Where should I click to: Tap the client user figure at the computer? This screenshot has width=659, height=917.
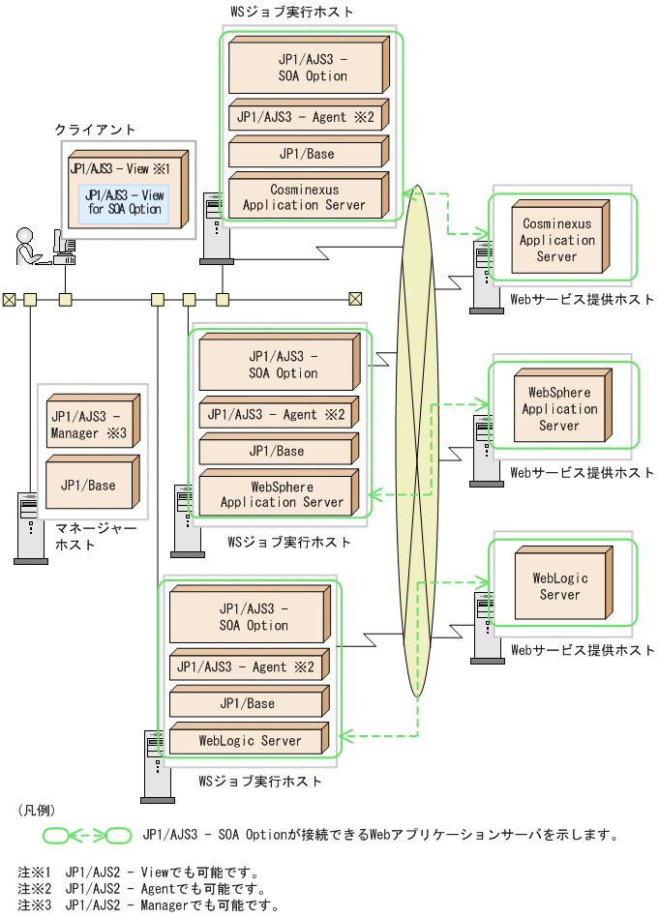pyautogui.click(x=29, y=248)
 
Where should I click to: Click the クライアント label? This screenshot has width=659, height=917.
pyautogui.click(x=95, y=130)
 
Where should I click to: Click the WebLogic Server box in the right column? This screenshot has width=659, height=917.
pyautogui.click(x=559, y=586)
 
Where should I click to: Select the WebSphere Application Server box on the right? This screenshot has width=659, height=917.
pyautogui.click(x=559, y=408)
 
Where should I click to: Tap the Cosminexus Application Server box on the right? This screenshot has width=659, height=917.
pyautogui.click(x=556, y=240)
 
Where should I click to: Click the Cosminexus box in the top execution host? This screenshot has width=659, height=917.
pyautogui.click(x=304, y=196)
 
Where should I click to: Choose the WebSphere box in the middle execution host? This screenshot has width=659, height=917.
pyautogui.click(x=275, y=493)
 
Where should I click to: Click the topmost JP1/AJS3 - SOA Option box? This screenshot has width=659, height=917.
pyautogui.click(x=304, y=67)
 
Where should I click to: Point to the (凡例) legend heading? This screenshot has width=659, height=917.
pyautogui.click(x=37, y=809)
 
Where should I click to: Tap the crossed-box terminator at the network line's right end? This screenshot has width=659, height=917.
pyautogui.click(x=355, y=299)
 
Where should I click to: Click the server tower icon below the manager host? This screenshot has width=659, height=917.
pyautogui.click(x=30, y=527)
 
